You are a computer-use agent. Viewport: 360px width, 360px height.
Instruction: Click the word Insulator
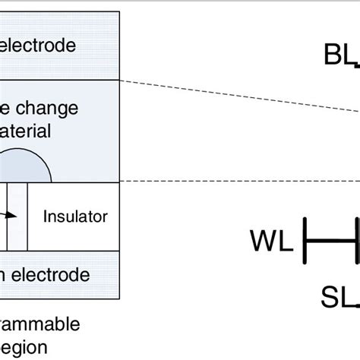pos(75,216)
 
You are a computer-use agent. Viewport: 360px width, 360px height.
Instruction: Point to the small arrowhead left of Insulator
pos(13,216)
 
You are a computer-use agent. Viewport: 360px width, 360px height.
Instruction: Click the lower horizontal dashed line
pos(228,181)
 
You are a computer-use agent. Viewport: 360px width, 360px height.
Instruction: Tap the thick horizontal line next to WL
pos(330,241)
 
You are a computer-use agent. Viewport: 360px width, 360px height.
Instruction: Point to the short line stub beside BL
pos(355,64)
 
